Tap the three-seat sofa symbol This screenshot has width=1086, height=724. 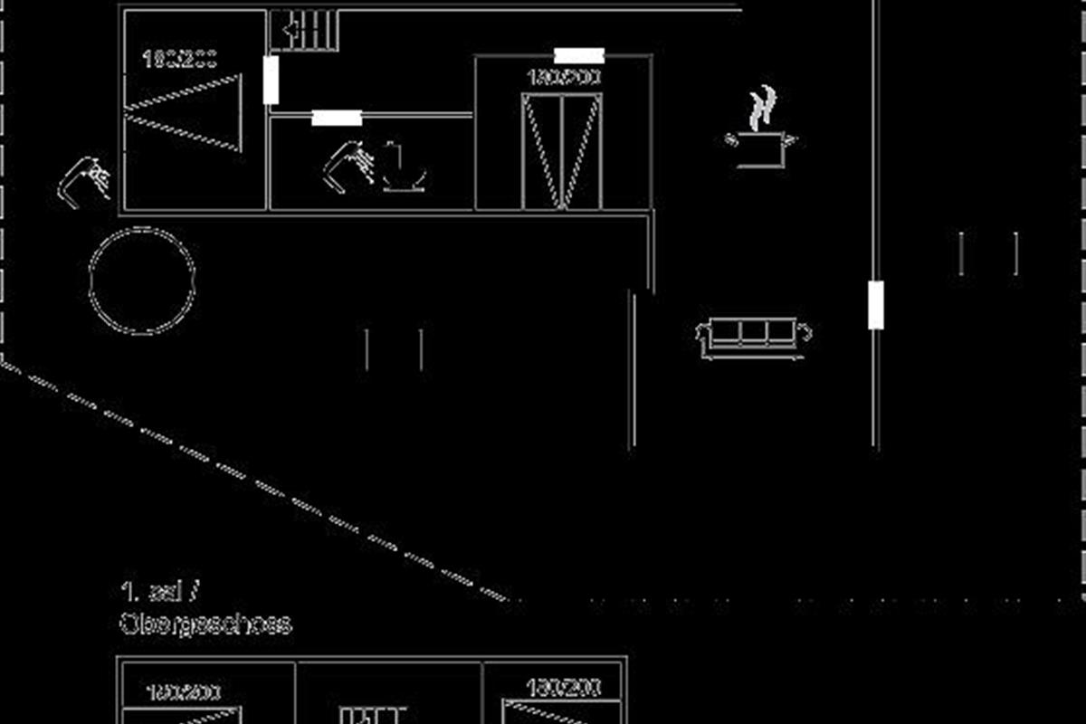753,334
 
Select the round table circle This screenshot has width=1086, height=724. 142,281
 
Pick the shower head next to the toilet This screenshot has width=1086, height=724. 348,165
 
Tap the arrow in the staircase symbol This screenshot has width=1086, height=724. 294,30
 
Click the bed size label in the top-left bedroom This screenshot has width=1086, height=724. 180,59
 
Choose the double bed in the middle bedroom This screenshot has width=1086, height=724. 562,149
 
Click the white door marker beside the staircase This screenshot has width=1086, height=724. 271,80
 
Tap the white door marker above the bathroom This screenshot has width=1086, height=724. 337,118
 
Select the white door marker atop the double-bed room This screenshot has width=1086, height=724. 579,56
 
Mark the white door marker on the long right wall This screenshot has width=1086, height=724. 875,305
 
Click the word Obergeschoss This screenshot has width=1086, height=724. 205,624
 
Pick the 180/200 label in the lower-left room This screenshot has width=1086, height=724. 183,692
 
